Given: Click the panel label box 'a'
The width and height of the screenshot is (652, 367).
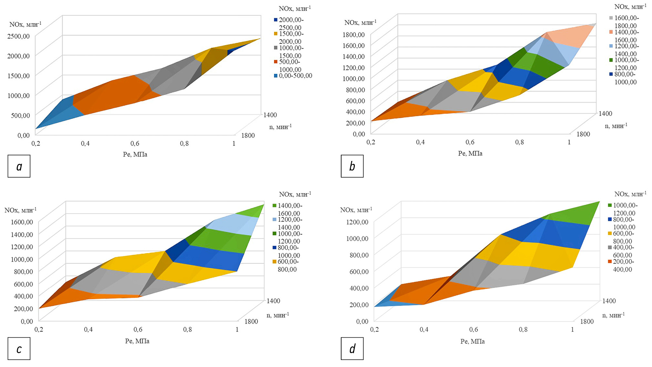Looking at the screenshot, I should (19, 166).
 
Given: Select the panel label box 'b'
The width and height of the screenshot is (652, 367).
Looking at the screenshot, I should (352, 166).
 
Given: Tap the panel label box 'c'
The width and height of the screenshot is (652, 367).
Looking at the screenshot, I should (19, 349).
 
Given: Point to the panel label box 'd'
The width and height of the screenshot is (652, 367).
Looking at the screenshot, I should (352, 349).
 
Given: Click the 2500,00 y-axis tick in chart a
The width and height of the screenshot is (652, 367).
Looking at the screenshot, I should (18, 36).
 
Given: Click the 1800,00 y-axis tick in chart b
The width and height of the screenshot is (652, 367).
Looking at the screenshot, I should (353, 35).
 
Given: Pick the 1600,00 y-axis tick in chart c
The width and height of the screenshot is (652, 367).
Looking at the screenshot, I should (22, 222).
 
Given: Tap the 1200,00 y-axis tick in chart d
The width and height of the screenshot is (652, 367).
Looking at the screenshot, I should (357, 222).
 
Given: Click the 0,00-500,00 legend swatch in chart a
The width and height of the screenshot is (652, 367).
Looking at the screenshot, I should (276, 76).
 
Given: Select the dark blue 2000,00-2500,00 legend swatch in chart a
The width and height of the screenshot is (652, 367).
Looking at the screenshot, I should (276, 20).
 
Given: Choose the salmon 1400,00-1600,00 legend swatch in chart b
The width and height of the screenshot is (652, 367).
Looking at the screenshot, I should (611, 32).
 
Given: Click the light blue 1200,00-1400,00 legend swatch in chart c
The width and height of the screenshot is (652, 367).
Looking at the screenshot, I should (275, 219).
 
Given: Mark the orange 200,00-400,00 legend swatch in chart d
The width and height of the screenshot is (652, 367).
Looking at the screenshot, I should (610, 262).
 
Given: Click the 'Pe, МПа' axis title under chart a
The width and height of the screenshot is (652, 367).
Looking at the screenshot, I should (135, 154).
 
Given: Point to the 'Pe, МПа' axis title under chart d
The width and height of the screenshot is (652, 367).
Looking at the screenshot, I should (473, 341).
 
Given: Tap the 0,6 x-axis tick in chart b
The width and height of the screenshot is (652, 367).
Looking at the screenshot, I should (470, 142).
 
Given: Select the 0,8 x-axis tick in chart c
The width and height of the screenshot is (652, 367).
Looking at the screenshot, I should (188, 330).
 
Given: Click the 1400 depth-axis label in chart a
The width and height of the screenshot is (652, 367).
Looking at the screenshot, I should (270, 115).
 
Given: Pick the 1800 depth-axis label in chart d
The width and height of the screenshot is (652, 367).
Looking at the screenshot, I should (587, 321).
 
